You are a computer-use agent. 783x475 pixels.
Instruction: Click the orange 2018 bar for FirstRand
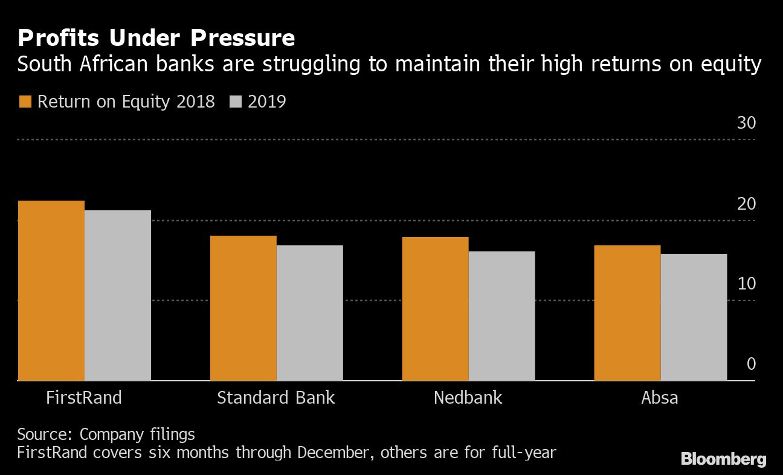[x=51, y=291]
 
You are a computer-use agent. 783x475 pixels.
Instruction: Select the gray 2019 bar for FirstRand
[x=117, y=296]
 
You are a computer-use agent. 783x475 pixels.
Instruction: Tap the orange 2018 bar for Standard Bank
[x=243, y=308]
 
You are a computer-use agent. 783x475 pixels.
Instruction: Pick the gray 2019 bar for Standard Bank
[x=309, y=313]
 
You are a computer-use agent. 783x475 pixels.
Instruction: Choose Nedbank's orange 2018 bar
[x=435, y=309]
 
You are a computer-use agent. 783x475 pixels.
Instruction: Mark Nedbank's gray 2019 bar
[x=501, y=316]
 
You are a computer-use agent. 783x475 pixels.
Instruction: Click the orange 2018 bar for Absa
[x=627, y=313]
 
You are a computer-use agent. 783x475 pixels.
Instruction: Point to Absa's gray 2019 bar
[x=694, y=317]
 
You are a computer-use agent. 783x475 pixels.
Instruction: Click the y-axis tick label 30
[x=746, y=123]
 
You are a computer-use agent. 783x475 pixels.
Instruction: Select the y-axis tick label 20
[x=746, y=204]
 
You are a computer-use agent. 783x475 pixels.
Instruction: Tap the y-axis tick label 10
[x=746, y=284]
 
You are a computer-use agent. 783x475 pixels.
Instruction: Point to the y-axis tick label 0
[x=751, y=364]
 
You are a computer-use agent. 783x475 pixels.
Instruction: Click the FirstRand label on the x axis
[x=84, y=398]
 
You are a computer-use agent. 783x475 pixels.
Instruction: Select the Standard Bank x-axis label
[x=275, y=398]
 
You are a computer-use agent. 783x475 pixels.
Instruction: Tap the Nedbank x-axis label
[x=468, y=398]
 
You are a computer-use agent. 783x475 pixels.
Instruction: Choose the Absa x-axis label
[x=660, y=398]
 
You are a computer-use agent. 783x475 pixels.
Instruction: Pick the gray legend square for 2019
[x=236, y=102]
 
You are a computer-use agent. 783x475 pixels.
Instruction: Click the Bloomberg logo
[x=723, y=459]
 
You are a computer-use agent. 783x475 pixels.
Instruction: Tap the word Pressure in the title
[x=243, y=39]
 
